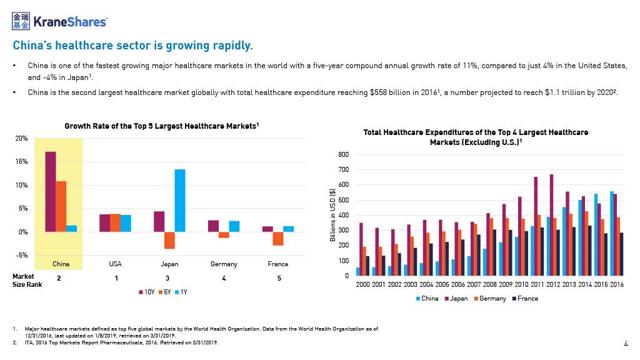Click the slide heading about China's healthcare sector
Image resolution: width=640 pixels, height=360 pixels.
click(x=131, y=45)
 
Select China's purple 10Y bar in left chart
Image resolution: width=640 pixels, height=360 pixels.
click(x=50, y=191)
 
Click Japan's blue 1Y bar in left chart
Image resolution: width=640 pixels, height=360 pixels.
click(x=180, y=200)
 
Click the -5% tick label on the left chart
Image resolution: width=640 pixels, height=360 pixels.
click(x=21, y=256)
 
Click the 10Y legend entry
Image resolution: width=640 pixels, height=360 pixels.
click(x=146, y=294)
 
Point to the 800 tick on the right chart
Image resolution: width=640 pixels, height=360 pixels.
click(x=345, y=155)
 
